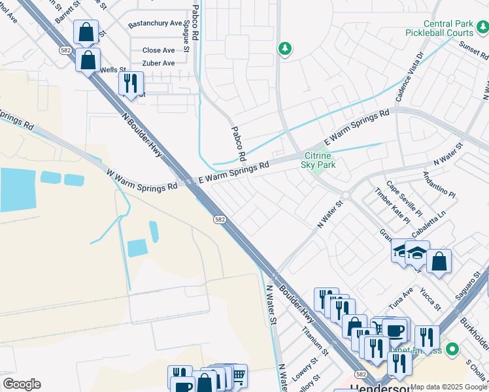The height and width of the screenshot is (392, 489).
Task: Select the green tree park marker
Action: [x=284, y=48]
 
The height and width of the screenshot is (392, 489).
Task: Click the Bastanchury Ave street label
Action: [x=155, y=24]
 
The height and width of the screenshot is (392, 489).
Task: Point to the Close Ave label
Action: [x=158, y=50]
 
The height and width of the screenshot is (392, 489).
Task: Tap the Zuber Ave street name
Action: [x=158, y=63]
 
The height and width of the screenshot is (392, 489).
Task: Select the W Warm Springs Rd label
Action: [x=142, y=178]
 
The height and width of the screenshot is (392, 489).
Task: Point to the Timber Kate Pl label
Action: [x=392, y=206]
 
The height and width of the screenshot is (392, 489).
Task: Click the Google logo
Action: [x=22, y=384]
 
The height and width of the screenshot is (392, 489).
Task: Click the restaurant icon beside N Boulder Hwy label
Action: [x=131, y=84]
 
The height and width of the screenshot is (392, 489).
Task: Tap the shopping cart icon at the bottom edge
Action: [x=238, y=376]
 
